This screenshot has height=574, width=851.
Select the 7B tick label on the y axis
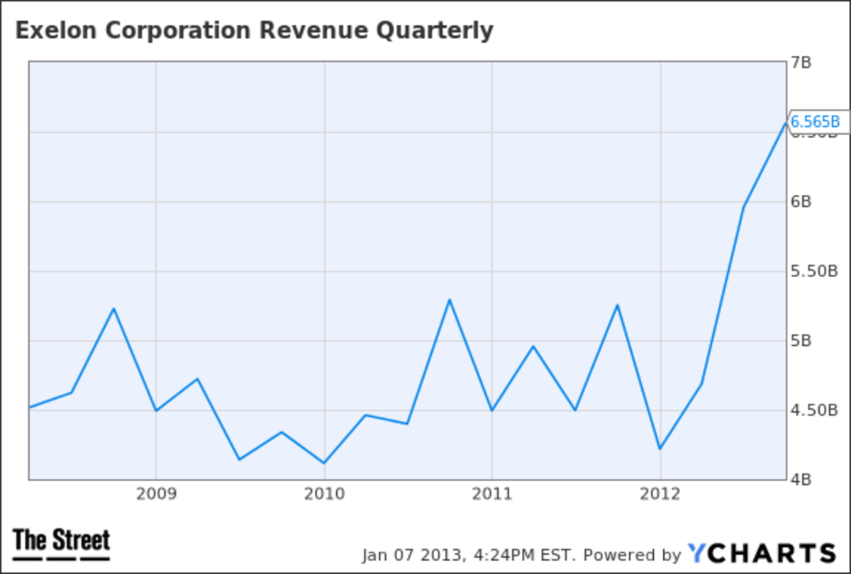pos(802,63)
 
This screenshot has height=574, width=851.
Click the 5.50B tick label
pos(814,271)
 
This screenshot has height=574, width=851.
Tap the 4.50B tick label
pos(814,410)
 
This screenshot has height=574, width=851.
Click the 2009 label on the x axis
pos(156,493)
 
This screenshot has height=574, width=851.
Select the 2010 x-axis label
pos(324,493)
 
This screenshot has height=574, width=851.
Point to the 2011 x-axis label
pos(492,493)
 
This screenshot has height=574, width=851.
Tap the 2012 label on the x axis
pos(660,493)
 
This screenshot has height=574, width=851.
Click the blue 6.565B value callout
pos(815,122)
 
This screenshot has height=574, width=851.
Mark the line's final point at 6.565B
pos(785,123)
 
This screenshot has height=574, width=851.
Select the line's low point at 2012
pos(660,449)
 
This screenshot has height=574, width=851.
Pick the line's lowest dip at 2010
pos(324,463)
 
